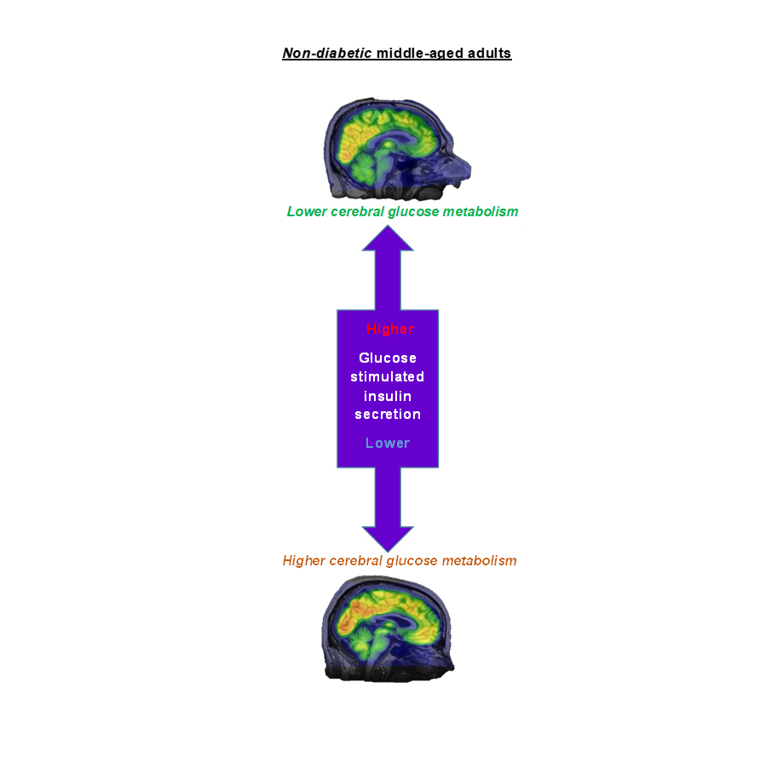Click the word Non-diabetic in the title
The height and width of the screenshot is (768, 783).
coord(327,53)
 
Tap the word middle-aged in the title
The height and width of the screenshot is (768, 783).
coord(420,53)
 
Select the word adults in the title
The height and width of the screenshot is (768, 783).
coord(489,53)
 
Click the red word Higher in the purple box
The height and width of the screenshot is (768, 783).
coord(390,329)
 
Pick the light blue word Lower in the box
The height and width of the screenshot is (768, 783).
coord(388,443)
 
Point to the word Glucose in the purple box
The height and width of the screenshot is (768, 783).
coord(388,358)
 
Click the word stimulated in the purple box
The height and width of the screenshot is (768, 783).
coord(388,377)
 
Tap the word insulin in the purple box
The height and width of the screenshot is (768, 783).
coord(388,396)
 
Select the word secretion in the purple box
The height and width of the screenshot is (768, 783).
coord(388,414)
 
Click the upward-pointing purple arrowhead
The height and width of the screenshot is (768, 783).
coord(388,238)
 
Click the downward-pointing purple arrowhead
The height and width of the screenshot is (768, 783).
coord(388,538)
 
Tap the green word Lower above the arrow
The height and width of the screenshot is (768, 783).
coord(307,212)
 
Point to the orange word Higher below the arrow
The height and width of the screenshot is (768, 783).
coord(304,561)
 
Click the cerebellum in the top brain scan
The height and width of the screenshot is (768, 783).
coord(364,169)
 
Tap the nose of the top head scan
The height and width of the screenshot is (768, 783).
coord(463,169)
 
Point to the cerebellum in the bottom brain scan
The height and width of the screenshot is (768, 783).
coord(359,638)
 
